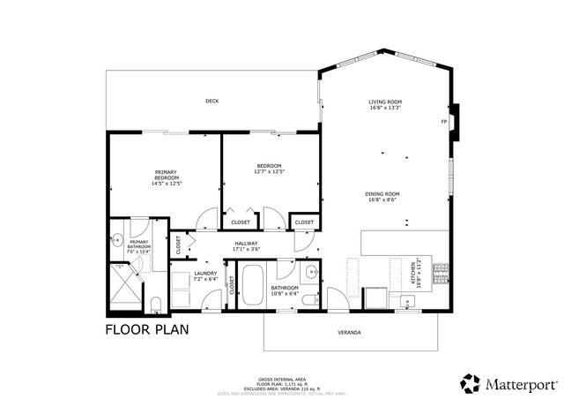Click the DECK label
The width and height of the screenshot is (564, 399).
[x=211, y=102]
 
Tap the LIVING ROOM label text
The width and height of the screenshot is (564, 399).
[x=384, y=103]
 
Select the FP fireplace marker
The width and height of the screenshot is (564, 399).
[x=445, y=122]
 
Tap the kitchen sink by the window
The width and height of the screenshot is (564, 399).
[x=407, y=304]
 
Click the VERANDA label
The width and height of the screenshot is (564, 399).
[x=350, y=333]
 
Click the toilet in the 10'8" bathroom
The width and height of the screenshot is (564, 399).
[x=308, y=301]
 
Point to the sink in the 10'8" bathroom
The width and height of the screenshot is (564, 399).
[x=313, y=271]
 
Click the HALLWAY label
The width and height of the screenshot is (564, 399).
[x=246, y=244]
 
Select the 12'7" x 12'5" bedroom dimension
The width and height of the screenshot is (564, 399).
[x=269, y=172]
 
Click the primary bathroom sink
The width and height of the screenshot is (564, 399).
[x=116, y=239]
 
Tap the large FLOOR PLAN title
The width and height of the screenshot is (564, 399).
[x=146, y=330]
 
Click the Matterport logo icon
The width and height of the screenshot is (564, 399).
[x=470, y=383]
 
